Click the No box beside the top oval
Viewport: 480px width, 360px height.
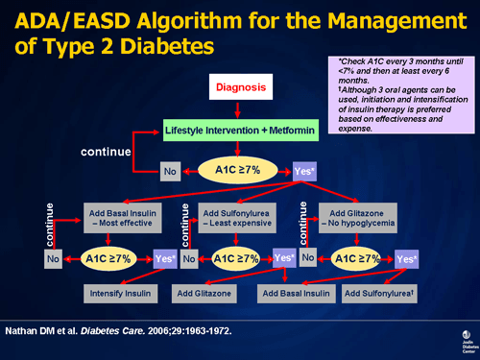click(x=172, y=171)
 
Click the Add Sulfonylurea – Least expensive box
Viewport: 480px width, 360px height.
click(x=237, y=218)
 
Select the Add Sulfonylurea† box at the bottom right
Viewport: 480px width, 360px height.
click(x=380, y=291)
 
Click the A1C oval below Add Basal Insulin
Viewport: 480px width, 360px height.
click(x=108, y=258)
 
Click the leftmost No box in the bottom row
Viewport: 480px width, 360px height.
click(x=53, y=259)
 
